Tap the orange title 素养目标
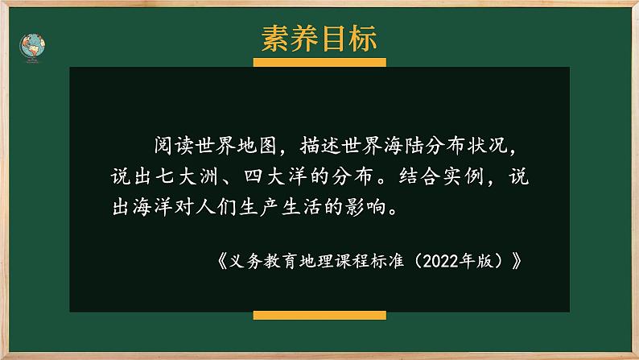coord(319,37)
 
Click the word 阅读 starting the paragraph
coord(168,146)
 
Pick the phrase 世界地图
coord(233,146)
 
